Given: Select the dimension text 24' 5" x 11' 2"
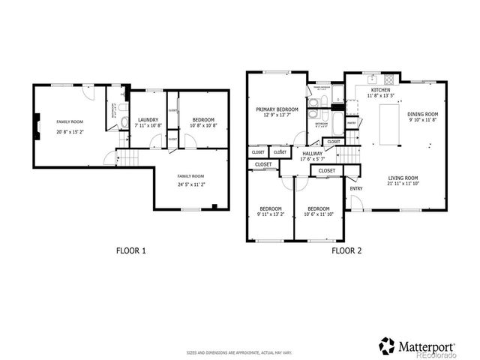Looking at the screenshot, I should pyautogui.click(x=190, y=183).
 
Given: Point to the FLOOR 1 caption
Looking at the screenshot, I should pyautogui.click(x=130, y=250).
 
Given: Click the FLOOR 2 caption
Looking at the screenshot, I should pyautogui.click(x=346, y=250).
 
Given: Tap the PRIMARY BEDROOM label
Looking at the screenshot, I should pyautogui.click(x=277, y=109).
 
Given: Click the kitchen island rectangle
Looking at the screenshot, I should pyautogui.click(x=388, y=124).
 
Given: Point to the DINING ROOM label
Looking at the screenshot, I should pyautogui.click(x=421, y=114).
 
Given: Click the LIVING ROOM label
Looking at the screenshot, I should pyautogui.click(x=403, y=177).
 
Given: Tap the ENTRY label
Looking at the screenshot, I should pyautogui.click(x=355, y=188).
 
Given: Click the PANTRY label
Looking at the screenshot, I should pyautogui.click(x=351, y=122).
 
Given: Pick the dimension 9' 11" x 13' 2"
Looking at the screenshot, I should pyautogui.click(x=270, y=214).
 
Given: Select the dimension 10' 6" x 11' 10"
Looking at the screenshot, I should pyautogui.click(x=318, y=214).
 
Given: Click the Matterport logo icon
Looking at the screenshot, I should pyautogui.click(x=387, y=346).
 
